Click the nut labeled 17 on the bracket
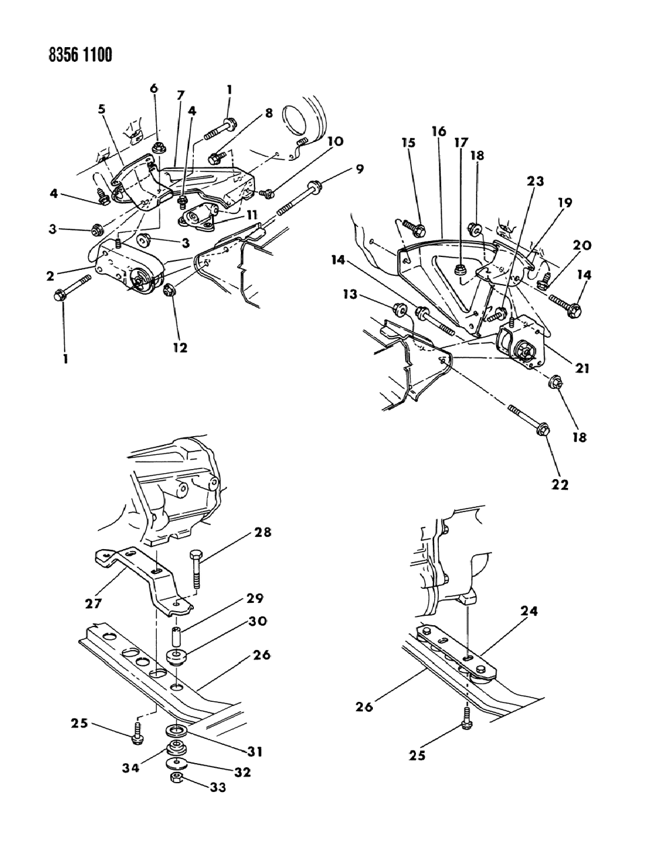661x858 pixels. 460,270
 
